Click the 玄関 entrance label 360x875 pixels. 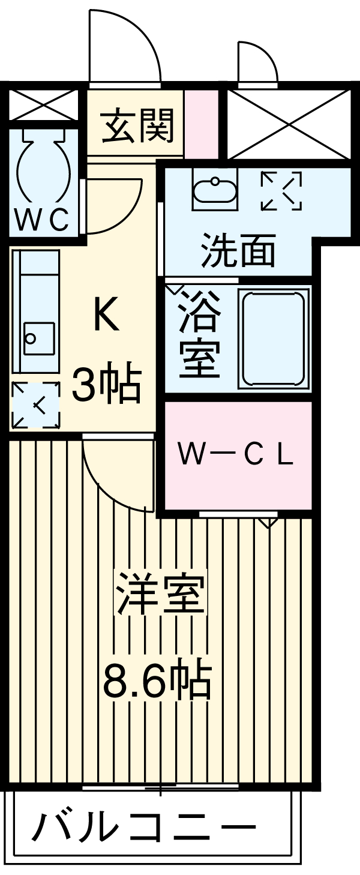tap(137, 125)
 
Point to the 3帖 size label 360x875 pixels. tap(106, 385)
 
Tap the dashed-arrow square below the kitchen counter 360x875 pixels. tap(36, 405)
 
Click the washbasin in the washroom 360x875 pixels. tap(215, 190)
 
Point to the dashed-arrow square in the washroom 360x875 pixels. tap(281, 191)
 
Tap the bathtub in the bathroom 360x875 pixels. tap(274, 337)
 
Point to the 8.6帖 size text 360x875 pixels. tap(157, 679)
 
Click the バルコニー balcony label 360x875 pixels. tap(144, 829)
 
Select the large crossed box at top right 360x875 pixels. tap(288, 124)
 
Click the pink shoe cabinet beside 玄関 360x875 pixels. tap(201, 124)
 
